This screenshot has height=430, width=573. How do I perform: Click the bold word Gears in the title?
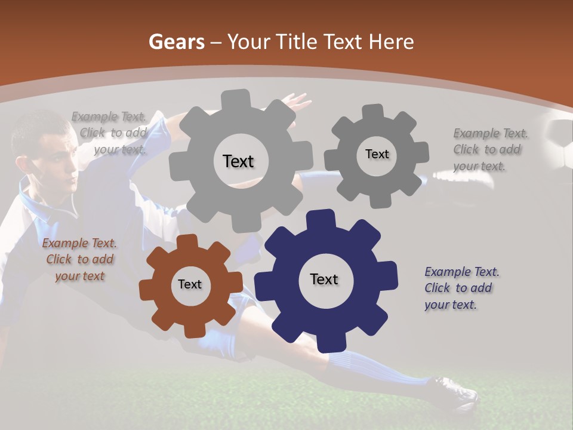point(177,42)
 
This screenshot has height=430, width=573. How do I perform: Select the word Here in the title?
point(391,42)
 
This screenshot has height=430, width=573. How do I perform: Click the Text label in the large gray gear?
point(238,161)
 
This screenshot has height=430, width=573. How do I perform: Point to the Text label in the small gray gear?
point(377,154)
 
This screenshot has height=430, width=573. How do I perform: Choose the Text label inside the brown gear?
point(190,284)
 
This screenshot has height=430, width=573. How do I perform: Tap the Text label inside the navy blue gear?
point(324,279)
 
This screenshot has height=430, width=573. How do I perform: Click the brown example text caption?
point(79,260)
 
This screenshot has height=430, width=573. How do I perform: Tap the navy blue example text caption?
point(461,288)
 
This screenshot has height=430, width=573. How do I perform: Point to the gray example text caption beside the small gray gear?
point(489,149)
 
